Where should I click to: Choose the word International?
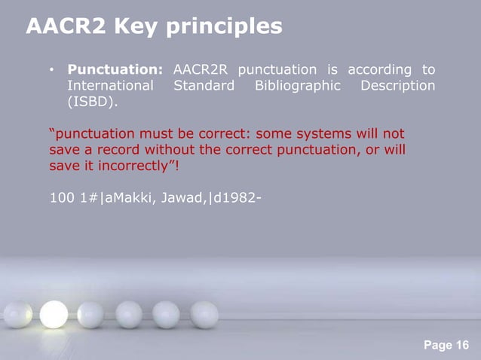[111, 86]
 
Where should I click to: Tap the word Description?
[397, 86]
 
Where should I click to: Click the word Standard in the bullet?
[204, 86]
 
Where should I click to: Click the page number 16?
[461, 346]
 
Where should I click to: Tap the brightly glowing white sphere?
[54, 314]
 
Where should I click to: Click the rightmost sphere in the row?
[204, 314]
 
